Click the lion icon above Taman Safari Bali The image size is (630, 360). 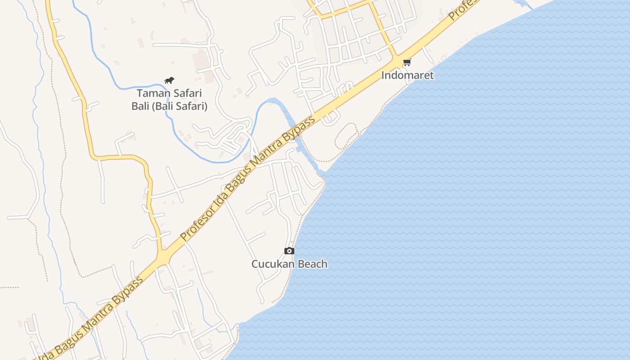pyautogui.click(x=169, y=81)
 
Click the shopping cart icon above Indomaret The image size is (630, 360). pyautogui.click(x=407, y=62)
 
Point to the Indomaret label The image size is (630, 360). pyautogui.click(x=407, y=75)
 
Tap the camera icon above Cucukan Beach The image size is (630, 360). pyautogui.click(x=289, y=251)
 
